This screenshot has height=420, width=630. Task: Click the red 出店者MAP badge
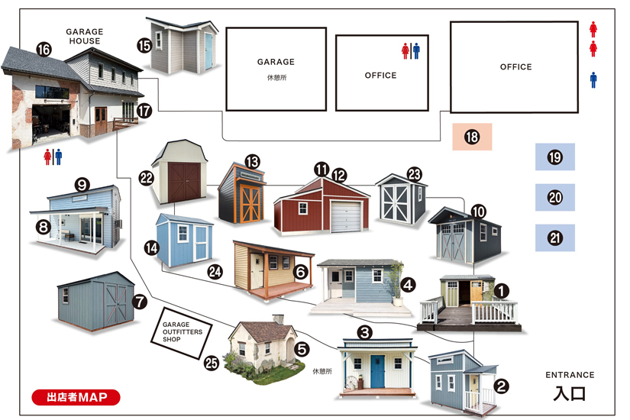click(x=76, y=397)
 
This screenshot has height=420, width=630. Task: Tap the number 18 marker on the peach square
click(x=472, y=137)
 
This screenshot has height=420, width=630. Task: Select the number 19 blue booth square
click(x=555, y=157)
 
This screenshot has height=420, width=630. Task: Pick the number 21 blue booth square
click(x=555, y=238)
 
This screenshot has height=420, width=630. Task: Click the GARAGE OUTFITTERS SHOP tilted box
click(x=182, y=333)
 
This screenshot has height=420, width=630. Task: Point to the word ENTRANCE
click(x=570, y=375)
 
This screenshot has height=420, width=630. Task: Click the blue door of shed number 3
click(x=377, y=371)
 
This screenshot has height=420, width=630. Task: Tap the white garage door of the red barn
click(x=346, y=217)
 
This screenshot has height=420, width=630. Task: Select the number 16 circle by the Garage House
click(x=44, y=50)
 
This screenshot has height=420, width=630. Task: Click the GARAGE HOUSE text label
click(x=84, y=36)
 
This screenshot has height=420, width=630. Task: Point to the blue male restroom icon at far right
click(x=593, y=80)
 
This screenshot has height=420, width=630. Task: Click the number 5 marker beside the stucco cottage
click(x=302, y=349)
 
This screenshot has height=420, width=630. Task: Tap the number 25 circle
click(x=212, y=363)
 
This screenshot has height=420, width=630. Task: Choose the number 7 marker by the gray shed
click(x=140, y=302)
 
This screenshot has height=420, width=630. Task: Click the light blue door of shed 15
click(x=209, y=51)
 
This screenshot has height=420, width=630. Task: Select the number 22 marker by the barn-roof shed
click(x=147, y=178)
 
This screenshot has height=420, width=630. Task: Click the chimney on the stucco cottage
click(x=278, y=319)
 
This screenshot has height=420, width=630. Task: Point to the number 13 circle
click(x=252, y=162)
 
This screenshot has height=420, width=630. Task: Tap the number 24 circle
click(x=215, y=272)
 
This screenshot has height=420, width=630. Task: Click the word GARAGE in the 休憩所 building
click(x=276, y=62)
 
